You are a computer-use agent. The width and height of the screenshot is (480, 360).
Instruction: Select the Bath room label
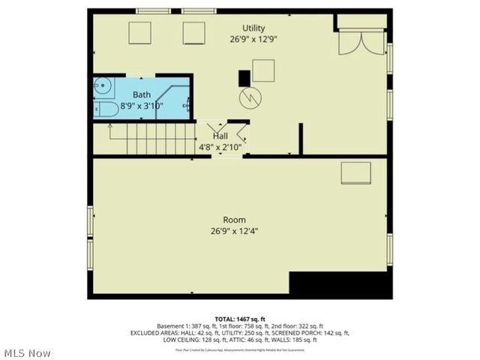point(142,94)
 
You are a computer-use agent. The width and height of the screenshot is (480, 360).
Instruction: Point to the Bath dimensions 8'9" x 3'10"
point(142,106)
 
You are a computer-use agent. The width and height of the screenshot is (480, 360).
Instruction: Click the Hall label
point(220,135)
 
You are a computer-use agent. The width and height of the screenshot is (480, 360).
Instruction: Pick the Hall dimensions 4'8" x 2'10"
point(220,146)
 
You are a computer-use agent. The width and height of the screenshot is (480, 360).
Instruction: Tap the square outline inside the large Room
point(355,173)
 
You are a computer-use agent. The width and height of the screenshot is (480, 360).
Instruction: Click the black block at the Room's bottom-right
point(340,286)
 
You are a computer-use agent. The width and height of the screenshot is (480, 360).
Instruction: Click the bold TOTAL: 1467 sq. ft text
point(240,318)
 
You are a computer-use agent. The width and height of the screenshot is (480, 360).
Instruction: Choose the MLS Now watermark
point(28,352)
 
